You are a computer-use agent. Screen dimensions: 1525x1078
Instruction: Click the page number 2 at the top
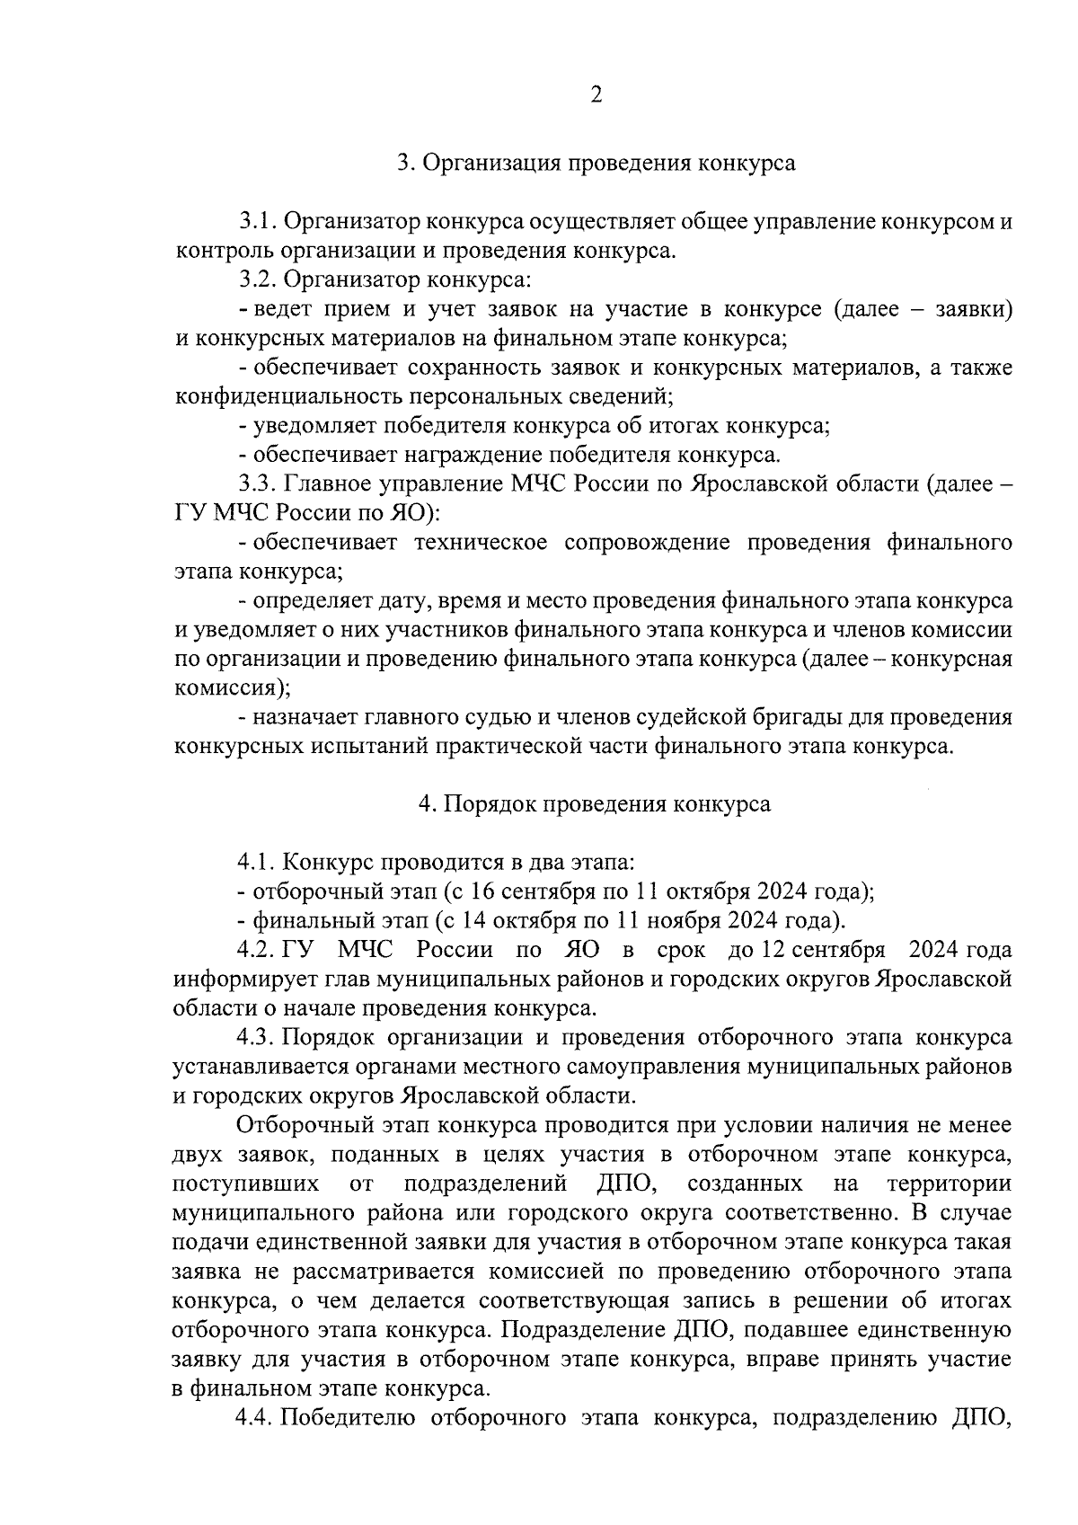[596, 95]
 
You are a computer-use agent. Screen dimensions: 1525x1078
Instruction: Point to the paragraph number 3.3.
[257, 484]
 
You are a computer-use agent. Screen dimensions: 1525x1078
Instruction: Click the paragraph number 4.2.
[256, 950]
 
